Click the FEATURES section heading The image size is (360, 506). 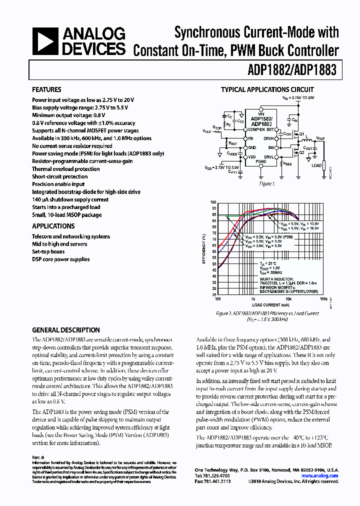[46, 89]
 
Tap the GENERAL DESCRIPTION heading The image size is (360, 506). [65, 330]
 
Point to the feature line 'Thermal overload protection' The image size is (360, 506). [66, 169]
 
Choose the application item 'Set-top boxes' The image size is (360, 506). [48, 251]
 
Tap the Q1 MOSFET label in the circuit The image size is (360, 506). [301, 134]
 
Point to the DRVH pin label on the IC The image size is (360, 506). [269, 138]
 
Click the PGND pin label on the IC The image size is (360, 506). [261, 161]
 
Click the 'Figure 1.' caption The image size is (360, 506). [266, 183]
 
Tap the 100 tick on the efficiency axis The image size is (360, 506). [213, 202]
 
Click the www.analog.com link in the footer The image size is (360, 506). [320, 476]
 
